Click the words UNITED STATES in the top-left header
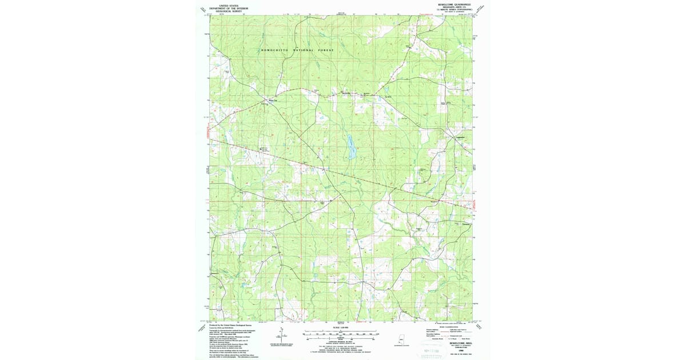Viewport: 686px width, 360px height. point(225,4)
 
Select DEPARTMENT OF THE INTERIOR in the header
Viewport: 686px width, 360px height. point(225,7)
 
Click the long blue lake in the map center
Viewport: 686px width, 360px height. point(350,147)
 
